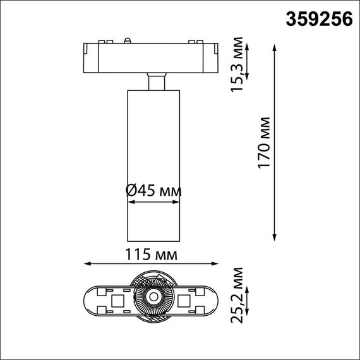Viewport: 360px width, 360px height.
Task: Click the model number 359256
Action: [x=320, y=20]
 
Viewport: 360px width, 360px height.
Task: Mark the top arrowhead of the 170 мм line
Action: [x=275, y=47]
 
